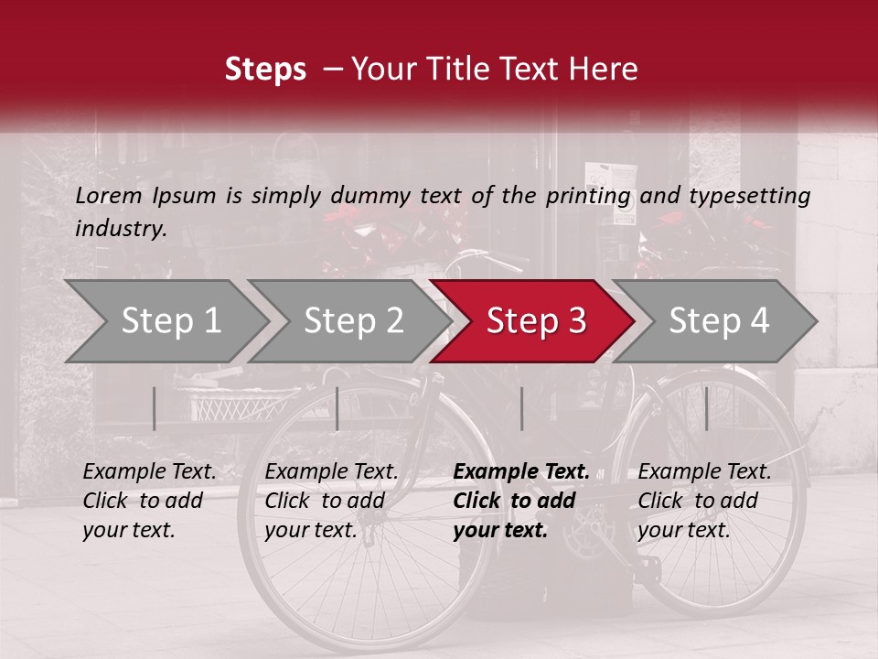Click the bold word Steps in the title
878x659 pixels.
[265, 69]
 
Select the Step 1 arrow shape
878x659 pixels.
[165, 320]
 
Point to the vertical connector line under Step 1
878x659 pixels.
[155, 408]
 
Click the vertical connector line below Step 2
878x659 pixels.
[337, 408]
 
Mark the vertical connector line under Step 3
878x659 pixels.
[521, 408]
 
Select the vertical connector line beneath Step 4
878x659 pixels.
[706, 408]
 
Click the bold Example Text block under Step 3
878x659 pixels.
[521, 501]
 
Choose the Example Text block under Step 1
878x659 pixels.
[149, 501]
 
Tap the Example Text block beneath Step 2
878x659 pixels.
[331, 501]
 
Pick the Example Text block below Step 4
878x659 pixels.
[704, 501]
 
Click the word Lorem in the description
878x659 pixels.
[109, 195]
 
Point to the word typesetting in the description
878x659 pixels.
[749, 195]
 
